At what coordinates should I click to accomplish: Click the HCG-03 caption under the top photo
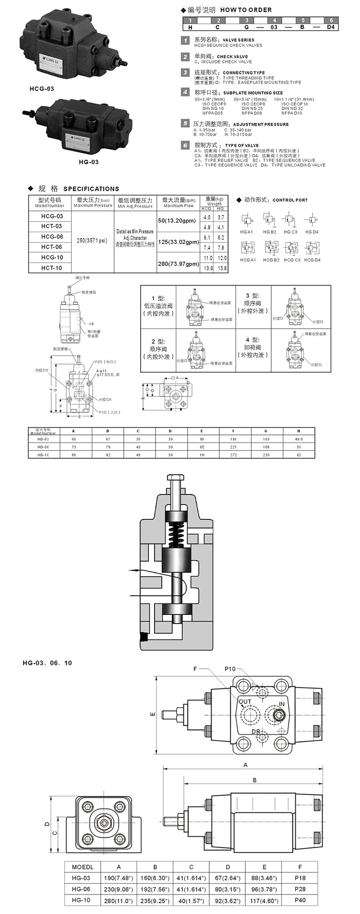[x=42, y=89]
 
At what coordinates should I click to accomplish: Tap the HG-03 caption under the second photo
[x=89, y=162]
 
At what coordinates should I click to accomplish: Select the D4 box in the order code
[x=331, y=27]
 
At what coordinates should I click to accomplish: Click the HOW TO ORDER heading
[x=246, y=10]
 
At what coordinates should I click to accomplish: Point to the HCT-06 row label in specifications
[x=51, y=247]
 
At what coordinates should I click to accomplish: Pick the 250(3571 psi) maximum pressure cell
[x=92, y=241]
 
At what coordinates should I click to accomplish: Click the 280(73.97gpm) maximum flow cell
[x=178, y=264]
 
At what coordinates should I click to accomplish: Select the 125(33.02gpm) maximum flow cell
[x=178, y=242]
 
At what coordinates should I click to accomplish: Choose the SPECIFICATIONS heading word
[x=91, y=189]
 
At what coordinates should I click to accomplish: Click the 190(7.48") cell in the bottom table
[x=119, y=878]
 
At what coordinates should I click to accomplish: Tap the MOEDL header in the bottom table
[x=83, y=867]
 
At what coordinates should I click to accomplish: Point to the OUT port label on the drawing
[x=245, y=701]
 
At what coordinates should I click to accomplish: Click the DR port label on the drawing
[x=256, y=732]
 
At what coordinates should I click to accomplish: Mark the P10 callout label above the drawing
[x=230, y=669]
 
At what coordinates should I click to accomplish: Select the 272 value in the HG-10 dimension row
[x=233, y=455]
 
